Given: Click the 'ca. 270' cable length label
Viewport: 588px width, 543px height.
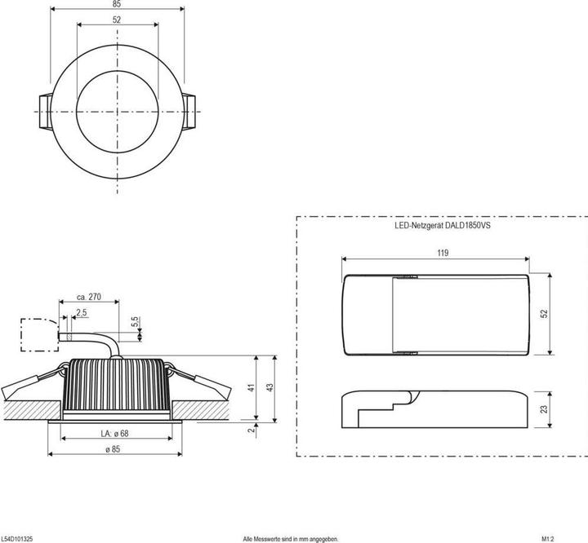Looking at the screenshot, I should click(x=87, y=298).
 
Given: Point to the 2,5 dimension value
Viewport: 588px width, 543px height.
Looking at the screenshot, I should click(x=81, y=312).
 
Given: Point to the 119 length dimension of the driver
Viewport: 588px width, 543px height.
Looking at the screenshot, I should click(x=442, y=254).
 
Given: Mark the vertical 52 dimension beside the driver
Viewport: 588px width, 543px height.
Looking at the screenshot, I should click(x=544, y=314).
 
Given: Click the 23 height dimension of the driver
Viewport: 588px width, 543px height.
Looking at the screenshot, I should click(x=544, y=409).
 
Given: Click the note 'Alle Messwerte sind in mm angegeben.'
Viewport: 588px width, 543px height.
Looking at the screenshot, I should click(x=290, y=538).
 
